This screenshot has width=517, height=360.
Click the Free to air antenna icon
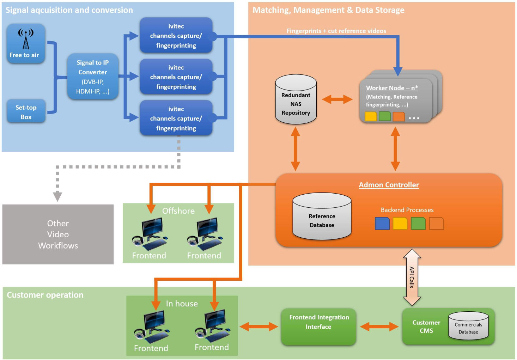(26, 38)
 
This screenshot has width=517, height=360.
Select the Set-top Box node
(26, 112)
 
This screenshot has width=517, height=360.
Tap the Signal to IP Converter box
(93, 77)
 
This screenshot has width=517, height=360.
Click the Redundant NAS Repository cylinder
(296, 100)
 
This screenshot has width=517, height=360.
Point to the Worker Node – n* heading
(392, 88)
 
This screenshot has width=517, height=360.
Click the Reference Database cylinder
(322, 217)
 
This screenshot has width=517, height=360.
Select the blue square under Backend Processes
(382, 224)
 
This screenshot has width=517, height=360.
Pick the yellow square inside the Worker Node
(371, 116)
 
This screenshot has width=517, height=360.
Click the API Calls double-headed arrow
(412, 277)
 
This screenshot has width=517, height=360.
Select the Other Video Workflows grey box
(58, 234)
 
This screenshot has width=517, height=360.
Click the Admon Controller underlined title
(389, 185)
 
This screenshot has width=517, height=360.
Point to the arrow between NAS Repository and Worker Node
(337, 99)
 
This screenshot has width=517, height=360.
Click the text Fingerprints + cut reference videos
(336, 31)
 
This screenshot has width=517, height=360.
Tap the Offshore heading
(178, 211)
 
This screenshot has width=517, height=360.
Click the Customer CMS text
(426, 327)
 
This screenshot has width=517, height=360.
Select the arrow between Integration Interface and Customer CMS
(379, 327)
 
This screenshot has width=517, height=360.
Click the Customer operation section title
(45, 295)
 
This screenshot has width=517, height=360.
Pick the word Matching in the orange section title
(270, 10)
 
